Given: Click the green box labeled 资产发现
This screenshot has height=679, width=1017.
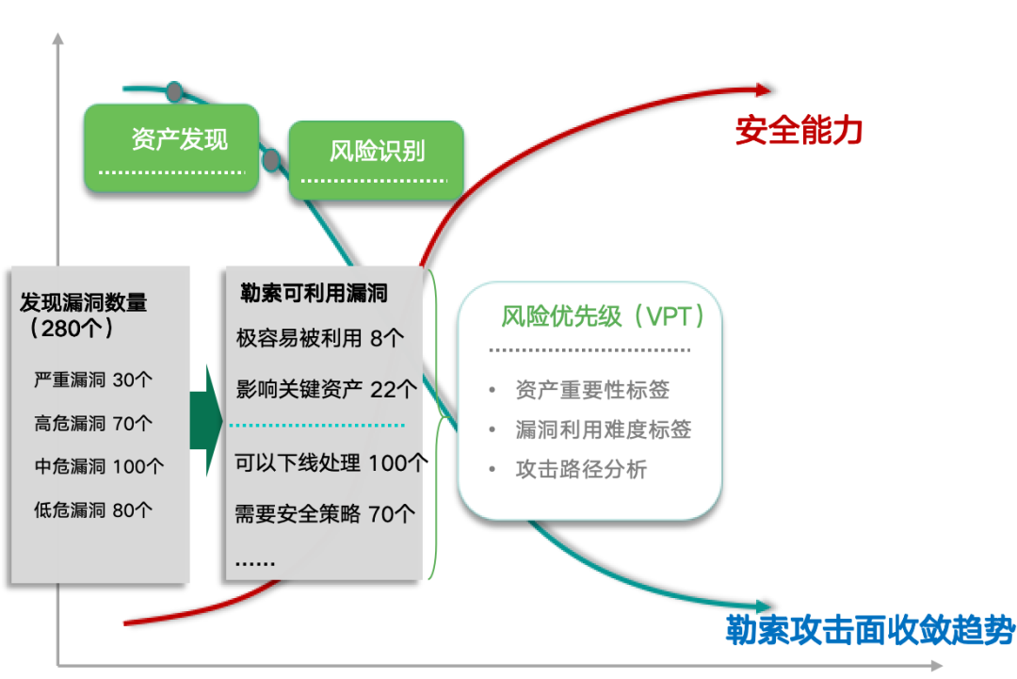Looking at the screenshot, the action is [170, 148].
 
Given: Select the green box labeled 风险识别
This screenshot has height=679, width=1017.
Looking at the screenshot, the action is [376, 159].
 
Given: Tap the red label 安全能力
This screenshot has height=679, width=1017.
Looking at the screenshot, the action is [799, 131].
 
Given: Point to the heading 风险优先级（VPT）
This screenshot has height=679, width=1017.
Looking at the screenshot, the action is [603, 316].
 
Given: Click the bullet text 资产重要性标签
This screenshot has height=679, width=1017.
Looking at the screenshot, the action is [592, 390].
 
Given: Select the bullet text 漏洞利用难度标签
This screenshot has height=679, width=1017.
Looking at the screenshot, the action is [603, 429].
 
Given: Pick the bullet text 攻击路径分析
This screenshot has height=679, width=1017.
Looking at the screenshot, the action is [581, 469].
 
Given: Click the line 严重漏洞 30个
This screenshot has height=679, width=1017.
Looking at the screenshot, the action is [93, 380].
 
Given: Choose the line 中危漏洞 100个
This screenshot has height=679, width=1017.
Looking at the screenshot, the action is [99, 466].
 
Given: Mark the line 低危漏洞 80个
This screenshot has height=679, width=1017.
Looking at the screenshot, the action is [93, 510].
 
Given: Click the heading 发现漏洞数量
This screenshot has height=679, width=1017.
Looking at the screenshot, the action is [84, 303].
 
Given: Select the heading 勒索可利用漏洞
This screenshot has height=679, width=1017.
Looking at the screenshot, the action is [315, 294].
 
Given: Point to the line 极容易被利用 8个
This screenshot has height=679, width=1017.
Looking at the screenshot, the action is [320, 338].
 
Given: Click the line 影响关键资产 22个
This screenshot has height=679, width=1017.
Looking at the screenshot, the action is [326, 389].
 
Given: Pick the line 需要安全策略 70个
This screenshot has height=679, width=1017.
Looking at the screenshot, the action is [325, 514].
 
